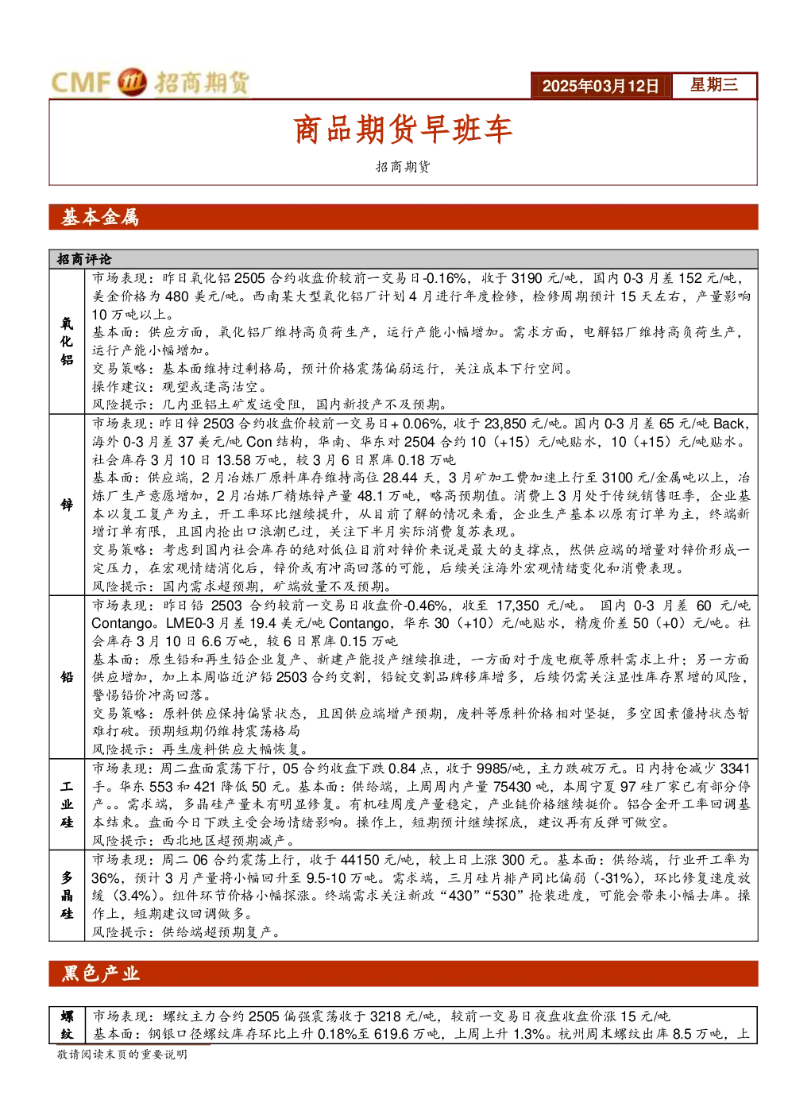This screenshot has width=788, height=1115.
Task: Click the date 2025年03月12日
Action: tap(600, 86)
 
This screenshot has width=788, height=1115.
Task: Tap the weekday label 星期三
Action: tap(713, 84)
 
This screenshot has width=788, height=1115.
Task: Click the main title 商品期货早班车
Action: tap(403, 130)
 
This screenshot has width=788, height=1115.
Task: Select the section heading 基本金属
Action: tap(100, 218)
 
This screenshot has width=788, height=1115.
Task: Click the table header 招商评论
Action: tap(84, 259)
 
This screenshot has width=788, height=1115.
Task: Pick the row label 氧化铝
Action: tap(67, 342)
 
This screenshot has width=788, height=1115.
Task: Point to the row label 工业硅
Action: tap(67, 804)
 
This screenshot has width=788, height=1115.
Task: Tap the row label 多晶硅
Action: tap(67, 895)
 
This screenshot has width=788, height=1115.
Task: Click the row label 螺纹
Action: tap(67, 1025)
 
